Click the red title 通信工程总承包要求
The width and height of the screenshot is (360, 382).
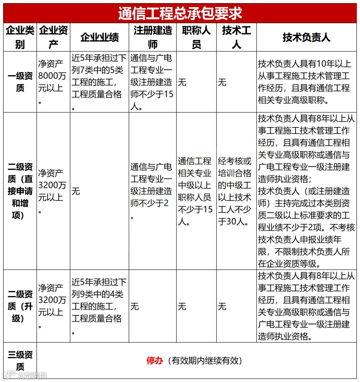coord(180,13)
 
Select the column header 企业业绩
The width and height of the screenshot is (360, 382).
coord(99,37)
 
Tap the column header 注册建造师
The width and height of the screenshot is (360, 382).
coord(153,37)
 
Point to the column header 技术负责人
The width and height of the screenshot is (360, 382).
coord(306,37)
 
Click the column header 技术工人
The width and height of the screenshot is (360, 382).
coord(236,37)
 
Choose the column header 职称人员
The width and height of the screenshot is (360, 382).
coord(196,37)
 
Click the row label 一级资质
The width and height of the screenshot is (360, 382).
coord(20,82)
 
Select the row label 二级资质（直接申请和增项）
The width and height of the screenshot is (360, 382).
coord(20,191)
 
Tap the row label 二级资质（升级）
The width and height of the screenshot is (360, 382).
coord(20,306)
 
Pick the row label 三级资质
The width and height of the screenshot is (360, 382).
coord(20,360)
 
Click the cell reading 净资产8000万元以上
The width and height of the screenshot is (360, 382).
coord(53,82)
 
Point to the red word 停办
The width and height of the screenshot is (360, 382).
coord(155,361)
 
